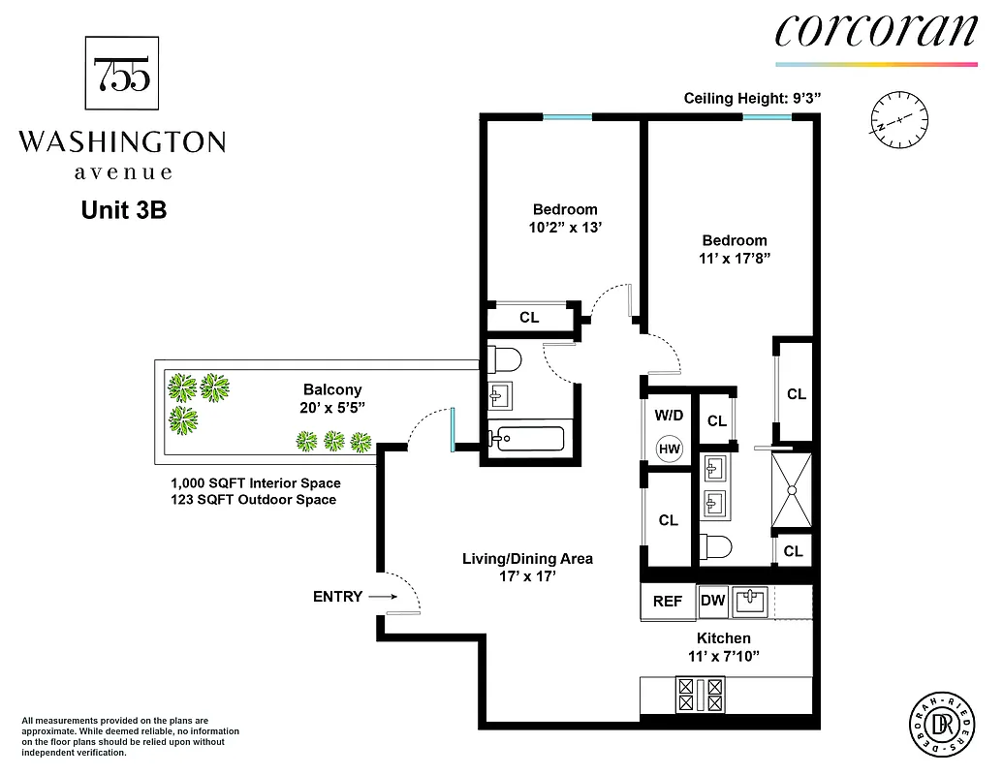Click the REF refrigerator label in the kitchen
point(668,602)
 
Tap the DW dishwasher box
point(713,602)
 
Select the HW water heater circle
point(669,449)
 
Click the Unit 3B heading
point(124,209)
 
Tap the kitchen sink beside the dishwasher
point(749,602)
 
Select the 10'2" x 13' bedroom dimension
point(565,229)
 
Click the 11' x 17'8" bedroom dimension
point(735,259)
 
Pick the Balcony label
point(332,390)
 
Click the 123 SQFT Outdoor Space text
point(253,500)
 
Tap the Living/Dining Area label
point(526,559)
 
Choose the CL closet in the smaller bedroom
point(529,317)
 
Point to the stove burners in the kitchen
point(700,693)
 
